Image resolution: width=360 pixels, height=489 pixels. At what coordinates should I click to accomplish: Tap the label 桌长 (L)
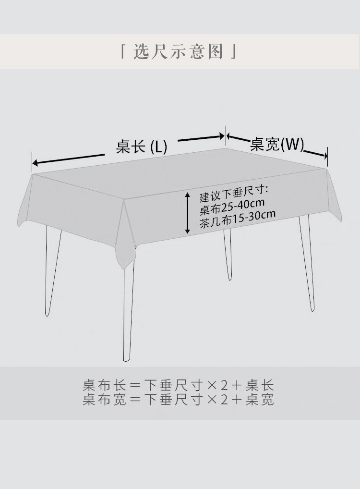(x=142, y=147)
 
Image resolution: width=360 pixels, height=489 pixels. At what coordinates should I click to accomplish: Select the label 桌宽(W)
(x=277, y=144)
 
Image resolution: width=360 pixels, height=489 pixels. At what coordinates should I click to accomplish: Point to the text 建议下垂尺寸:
(x=233, y=196)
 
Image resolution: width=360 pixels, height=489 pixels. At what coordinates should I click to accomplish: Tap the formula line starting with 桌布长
(x=179, y=385)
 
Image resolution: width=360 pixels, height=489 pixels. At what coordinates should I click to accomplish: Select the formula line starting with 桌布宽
(x=179, y=400)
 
